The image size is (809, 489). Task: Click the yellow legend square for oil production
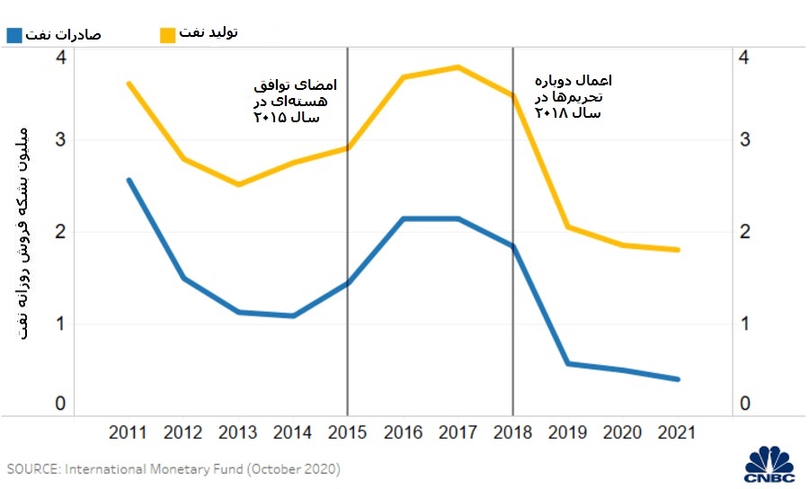[167, 34]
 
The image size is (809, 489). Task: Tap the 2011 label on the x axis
[129, 433]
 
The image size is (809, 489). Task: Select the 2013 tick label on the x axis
[238, 433]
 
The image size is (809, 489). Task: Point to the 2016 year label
[404, 433]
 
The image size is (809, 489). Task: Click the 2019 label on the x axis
[568, 433]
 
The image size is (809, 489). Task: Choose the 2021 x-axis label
[679, 433]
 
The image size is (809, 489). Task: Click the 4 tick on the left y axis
[60, 58]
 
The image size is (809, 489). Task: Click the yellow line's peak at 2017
[458, 67]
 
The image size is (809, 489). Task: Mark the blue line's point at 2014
[294, 316]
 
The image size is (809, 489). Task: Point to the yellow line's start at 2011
[129, 84]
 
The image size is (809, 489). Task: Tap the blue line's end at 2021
[679, 379]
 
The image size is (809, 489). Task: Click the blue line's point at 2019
[568, 363]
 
